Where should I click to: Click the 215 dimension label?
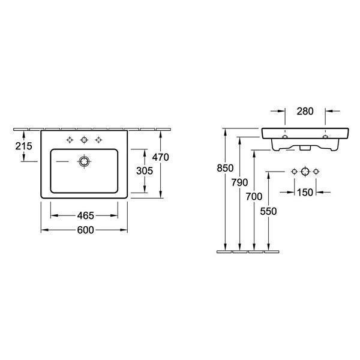24,146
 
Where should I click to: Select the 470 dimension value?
161,157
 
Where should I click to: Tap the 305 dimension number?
145,171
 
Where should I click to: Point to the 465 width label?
86,215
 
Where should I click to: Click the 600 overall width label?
86,230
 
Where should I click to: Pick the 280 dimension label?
305,112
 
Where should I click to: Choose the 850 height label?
225,168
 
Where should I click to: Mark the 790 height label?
239,182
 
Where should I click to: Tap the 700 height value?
254,197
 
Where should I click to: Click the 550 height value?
268,211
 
